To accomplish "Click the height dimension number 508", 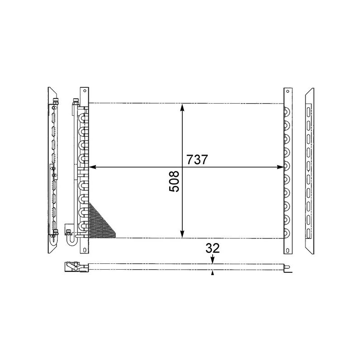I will coord(175,181).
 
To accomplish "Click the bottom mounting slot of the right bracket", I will coord(286,248).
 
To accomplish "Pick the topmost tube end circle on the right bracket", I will coord(286,112).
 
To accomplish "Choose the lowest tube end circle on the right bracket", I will coord(286,232).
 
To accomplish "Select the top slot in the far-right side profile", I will coord(309,111).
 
